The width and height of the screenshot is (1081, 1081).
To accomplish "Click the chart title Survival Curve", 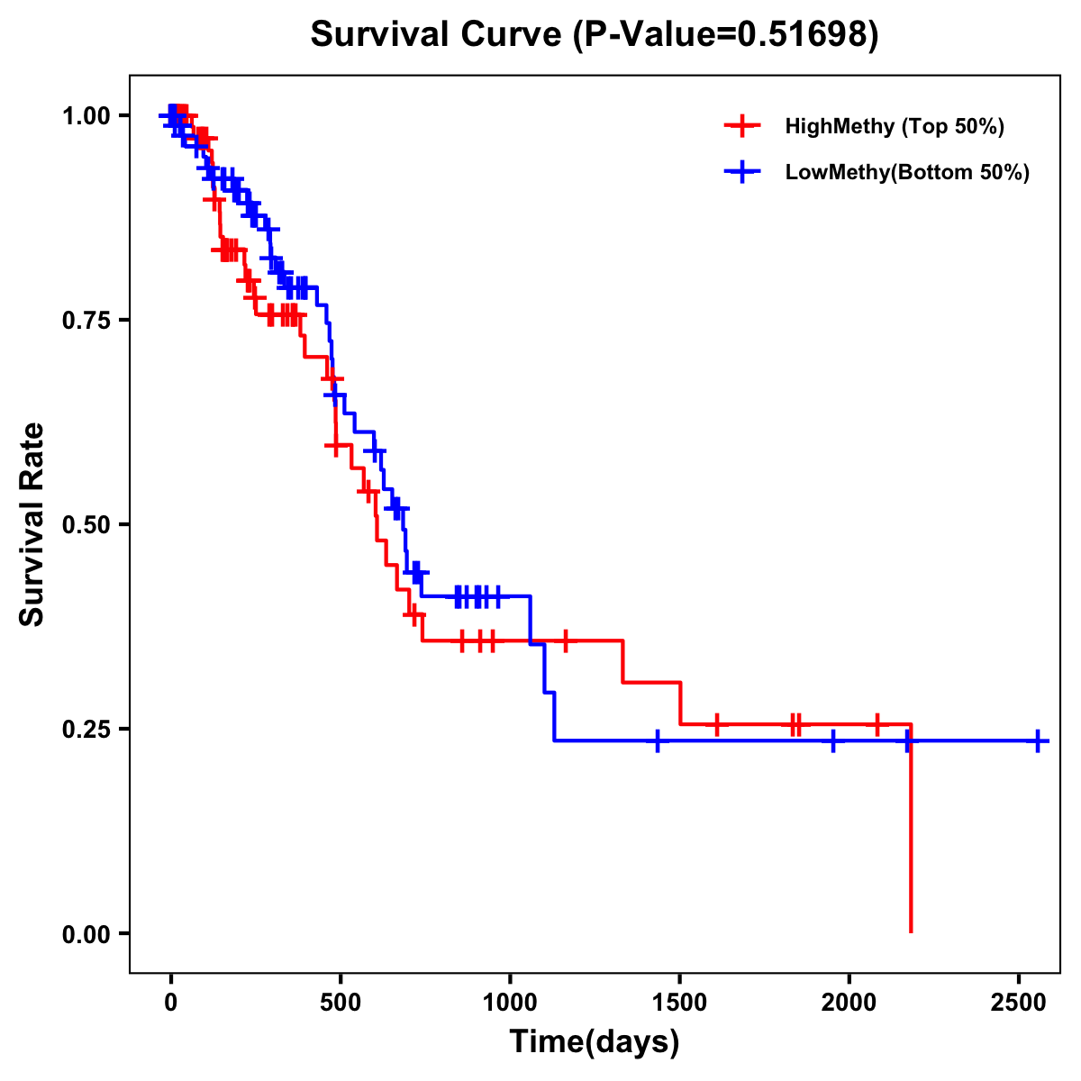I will point(594,35).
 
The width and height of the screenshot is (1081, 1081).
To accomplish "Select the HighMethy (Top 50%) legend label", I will point(895,126).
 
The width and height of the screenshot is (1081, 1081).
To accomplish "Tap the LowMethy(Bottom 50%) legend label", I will point(907,173).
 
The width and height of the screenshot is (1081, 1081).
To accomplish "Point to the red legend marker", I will point(741,126).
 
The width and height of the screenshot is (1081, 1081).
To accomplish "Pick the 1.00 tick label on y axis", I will point(86,116).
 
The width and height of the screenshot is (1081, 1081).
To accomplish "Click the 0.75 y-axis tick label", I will point(86,321).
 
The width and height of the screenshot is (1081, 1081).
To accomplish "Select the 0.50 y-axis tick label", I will point(86,525).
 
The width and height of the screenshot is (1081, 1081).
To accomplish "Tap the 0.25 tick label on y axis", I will point(86,730).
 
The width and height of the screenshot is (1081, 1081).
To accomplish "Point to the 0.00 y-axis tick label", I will point(86,934).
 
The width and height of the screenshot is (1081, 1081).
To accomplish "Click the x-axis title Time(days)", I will point(595,1042).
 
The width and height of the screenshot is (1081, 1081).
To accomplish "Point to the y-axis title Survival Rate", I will point(32,524).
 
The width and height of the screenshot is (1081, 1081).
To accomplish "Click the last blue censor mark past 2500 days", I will point(1038,740).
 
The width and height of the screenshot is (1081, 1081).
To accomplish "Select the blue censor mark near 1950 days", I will point(832,740).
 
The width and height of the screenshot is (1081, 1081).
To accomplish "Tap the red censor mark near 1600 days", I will point(716,724).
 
